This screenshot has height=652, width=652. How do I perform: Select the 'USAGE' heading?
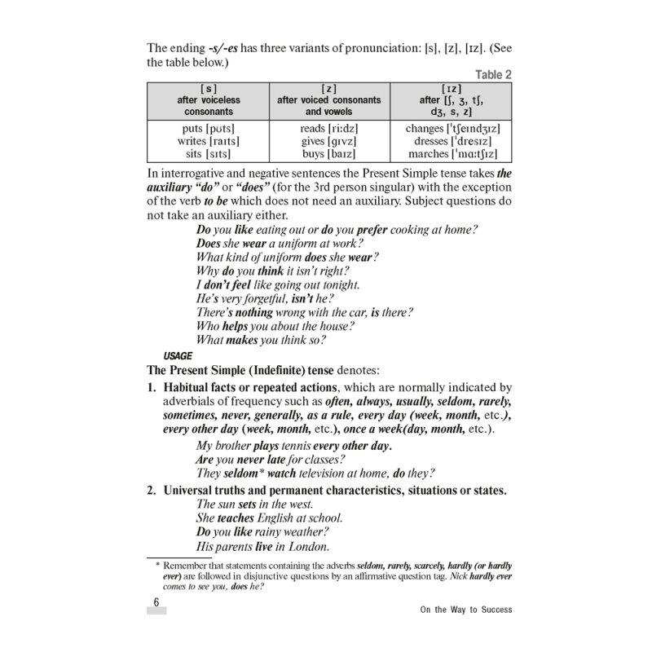(178, 356)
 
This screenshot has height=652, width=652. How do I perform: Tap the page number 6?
(156, 603)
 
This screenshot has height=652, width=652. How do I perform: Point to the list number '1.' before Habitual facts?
(152, 388)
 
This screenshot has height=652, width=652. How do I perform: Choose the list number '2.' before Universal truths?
(152, 490)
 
